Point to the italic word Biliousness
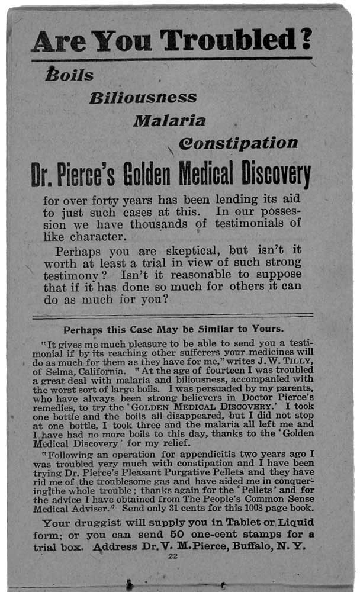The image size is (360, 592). click(x=143, y=98)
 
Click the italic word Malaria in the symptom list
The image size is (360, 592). click(x=169, y=121)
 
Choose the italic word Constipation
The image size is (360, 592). click(x=238, y=143)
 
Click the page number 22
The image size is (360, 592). click(x=173, y=556)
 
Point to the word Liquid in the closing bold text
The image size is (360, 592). click(x=294, y=523)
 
